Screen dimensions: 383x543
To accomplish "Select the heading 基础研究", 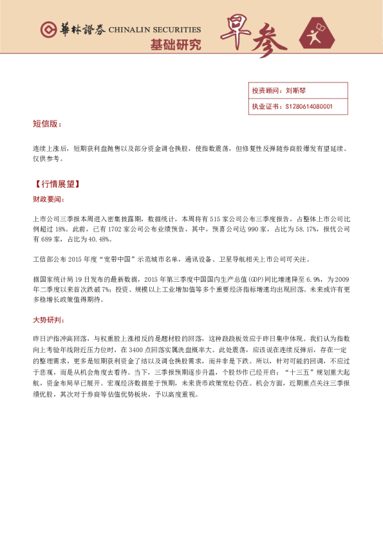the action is tap(175, 45).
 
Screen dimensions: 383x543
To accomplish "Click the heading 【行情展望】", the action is tap(57, 184).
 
